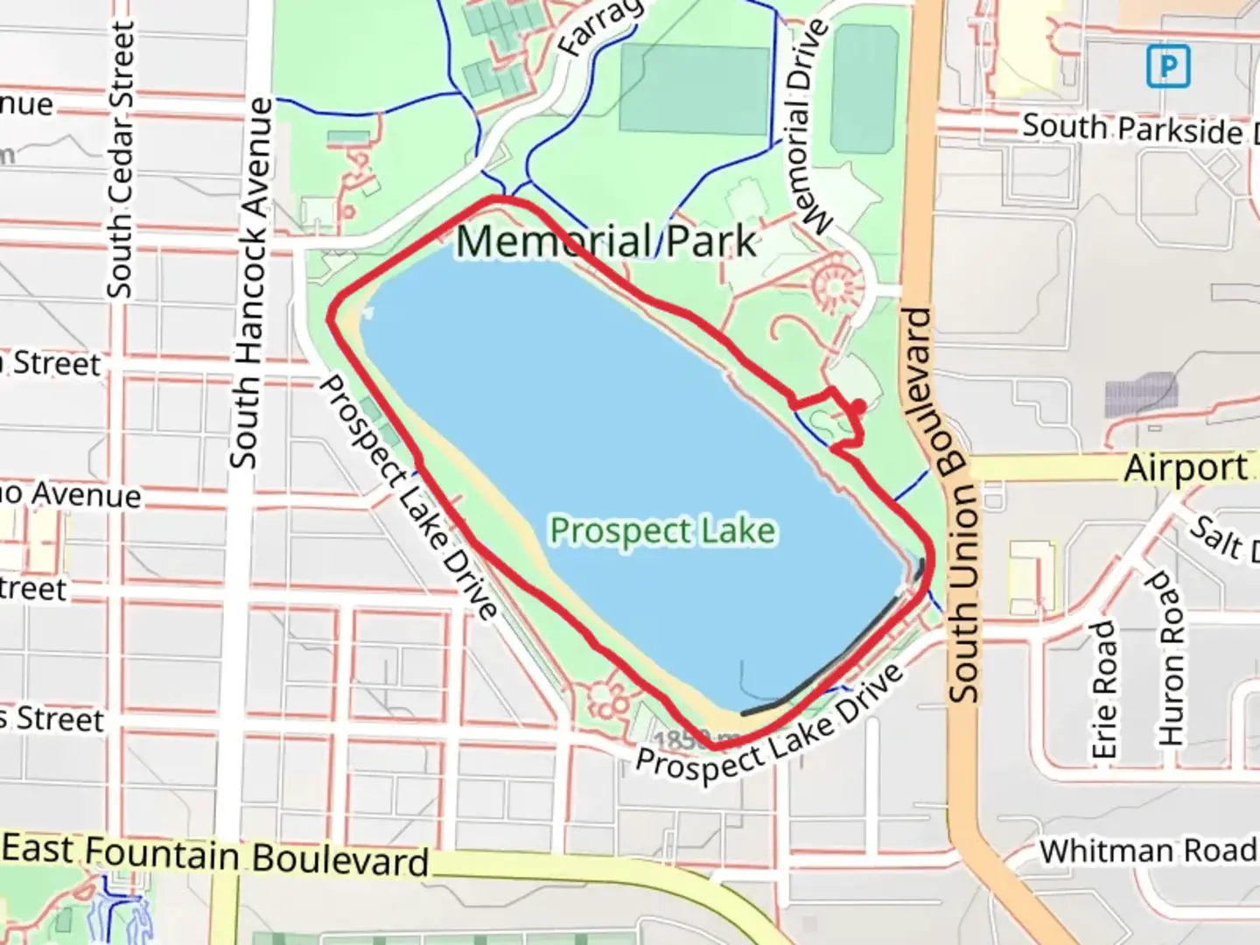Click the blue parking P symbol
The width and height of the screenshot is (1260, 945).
pyautogui.click(x=1168, y=66)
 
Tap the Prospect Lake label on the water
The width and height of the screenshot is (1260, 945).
pyautogui.click(x=662, y=530)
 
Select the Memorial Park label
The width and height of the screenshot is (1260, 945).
pyautogui.click(x=605, y=241)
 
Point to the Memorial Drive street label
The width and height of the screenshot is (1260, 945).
pyautogui.click(x=808, y=128)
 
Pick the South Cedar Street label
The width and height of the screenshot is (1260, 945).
pyautogui.click(x=122, y=160)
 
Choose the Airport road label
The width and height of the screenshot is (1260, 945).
pyautogui.click(x=1186, y=468)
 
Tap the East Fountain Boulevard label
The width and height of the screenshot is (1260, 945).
pyautogui.click(x=215, y=854)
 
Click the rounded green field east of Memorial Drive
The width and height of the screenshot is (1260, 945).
pyautogui.click(x=864, y=89)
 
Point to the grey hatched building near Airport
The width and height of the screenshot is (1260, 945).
pyautogui.click(x=1140, y=395)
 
